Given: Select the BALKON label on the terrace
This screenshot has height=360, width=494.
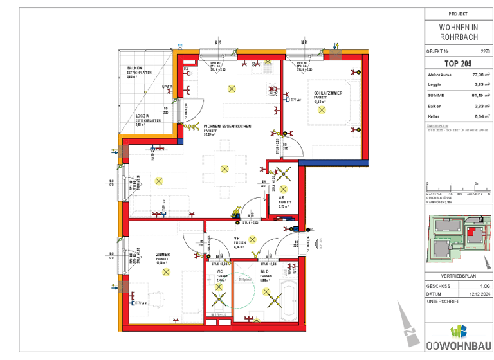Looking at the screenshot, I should coord(134,67).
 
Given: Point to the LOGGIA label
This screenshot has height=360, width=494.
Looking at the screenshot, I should coord(134,116).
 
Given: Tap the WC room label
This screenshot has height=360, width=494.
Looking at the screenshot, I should coord(220,273).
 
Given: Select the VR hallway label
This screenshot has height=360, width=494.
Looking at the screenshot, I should coord(237,239).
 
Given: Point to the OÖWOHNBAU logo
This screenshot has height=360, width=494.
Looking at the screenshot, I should coord(457,338).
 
